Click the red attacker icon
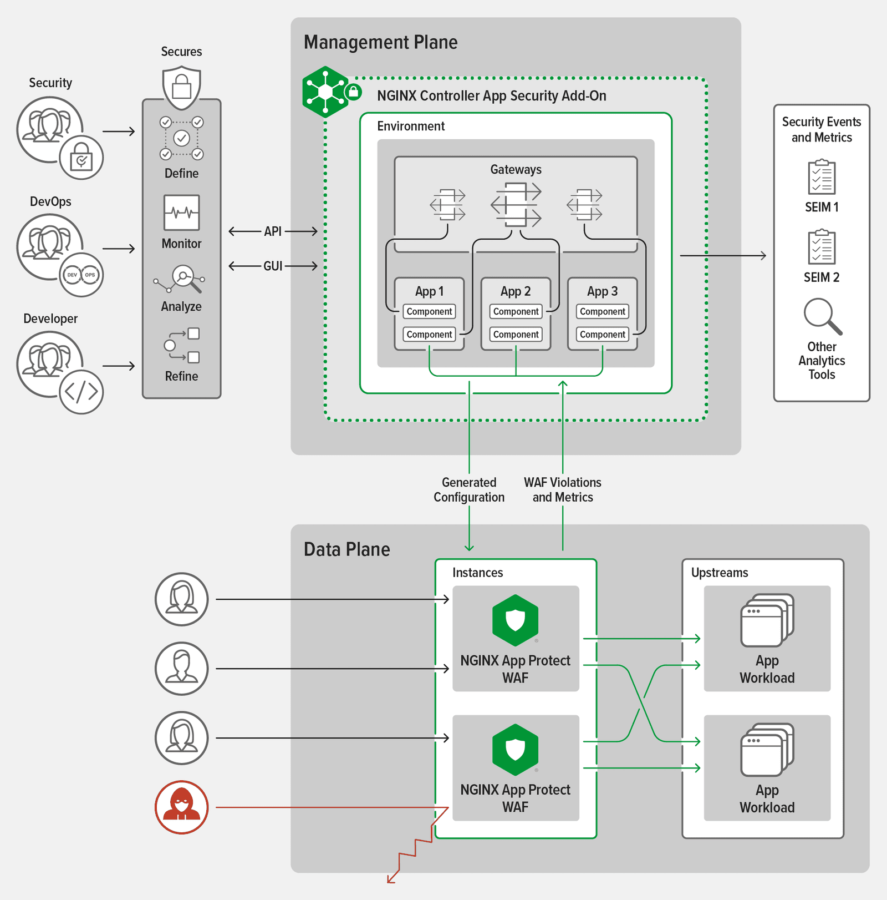click(181, 807)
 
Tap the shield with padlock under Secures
click(181, 87)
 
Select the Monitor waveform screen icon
click(181, 213)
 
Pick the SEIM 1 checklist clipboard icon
click(822, 177)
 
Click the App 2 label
click(516, 291)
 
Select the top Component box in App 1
click(429, 311)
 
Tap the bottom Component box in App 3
click(602, 334)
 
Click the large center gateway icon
click(516, 205)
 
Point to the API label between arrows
click(273, 231)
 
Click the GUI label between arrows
click(273, 266)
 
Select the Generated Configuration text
click(469, 489)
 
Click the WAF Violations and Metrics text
click(563, 489)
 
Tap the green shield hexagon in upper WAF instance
click(515, 620)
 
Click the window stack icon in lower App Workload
click(767, 749)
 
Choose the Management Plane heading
click(380, 42)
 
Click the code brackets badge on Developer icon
click(81, 392)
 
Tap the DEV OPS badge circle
click(81, 275)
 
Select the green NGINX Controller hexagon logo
click(325, 92)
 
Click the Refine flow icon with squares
click(182, 345)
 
